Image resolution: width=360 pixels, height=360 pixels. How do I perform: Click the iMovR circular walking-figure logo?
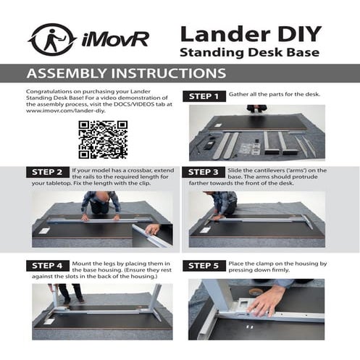pyautogui.click(x=52, y=39)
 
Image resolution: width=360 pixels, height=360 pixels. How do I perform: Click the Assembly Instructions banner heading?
pyautogui.click(x=125, y=74)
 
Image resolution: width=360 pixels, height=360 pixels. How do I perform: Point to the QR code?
pyautogui.click(x=102, y=139)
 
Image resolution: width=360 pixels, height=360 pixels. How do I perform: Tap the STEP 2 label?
pyautogui.click(x=47, y=172)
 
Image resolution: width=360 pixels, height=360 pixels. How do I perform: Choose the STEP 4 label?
pyautogui.click(x=47, y=265)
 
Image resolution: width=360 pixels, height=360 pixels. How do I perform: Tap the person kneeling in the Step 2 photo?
pyautogui.click(x=100, y=204)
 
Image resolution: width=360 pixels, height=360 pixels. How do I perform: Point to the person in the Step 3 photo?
pyautogui.click(x=225, y=204)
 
